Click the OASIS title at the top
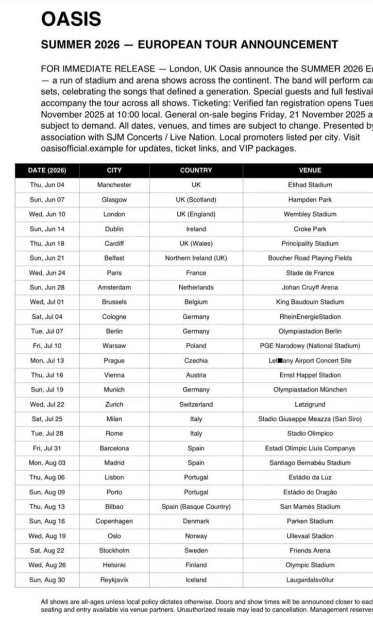[71, 19]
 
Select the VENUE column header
[310, 171]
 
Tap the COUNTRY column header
[196, 171]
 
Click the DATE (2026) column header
[47, 171]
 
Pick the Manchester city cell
[114, 185]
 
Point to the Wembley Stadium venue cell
[310, 214]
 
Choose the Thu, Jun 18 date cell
[47, 244]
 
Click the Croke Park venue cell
[310, 229]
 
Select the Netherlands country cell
[196, 288]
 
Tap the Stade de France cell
[310, 273]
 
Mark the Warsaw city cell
[114, 346]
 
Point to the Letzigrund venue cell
[310, 404]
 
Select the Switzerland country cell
[196, 404]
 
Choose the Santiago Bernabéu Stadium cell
[310, 463]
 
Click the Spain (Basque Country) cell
[196, 507]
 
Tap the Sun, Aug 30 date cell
[47, 580]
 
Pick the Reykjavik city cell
[114, 580]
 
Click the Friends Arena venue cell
[310, 550]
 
